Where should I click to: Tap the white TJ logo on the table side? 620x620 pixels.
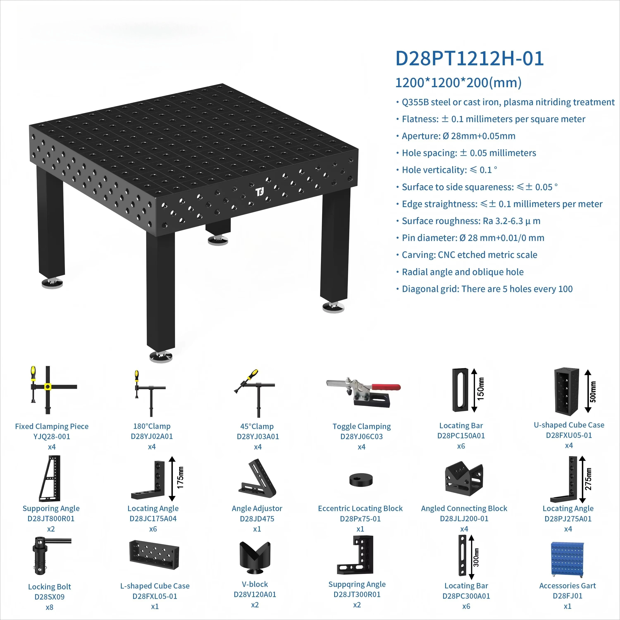click(x=260, y=192)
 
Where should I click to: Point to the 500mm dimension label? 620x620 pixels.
click(x=593, y=391)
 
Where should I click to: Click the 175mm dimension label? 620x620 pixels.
click(x=180, y=478)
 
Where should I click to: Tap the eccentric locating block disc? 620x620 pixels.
click(x=361, y=479)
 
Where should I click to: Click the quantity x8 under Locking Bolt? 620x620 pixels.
click(x=49, y=607)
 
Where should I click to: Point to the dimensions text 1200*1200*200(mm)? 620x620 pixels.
click(x=458, y=83)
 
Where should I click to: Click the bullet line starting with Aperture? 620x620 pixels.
click(x=458, y=136)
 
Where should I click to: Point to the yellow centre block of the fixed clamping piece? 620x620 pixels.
click(x=48, y=387)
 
